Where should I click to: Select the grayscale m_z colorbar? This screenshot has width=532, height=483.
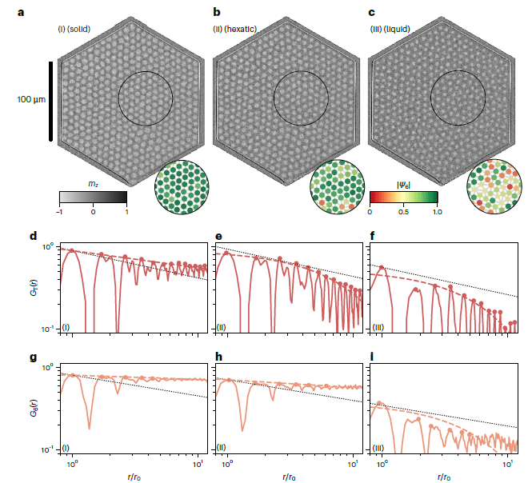(93, 197)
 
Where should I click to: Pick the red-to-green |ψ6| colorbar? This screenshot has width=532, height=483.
(403, 197)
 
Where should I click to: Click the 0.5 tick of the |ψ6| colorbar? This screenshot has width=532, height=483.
(403, 213)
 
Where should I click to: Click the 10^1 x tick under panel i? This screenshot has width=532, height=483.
(507, 464)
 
